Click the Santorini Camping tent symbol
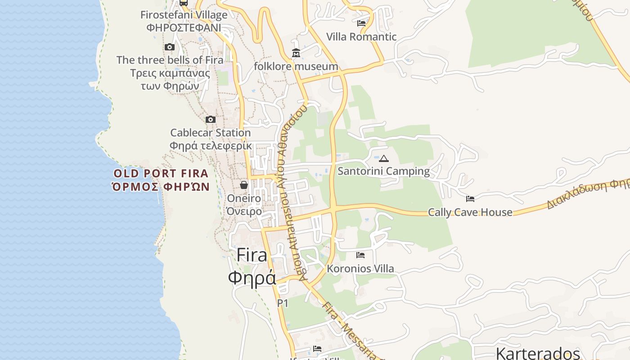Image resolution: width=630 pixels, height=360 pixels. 383,158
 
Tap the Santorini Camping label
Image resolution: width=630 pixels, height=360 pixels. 383,171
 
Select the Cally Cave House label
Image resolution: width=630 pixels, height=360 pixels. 470,212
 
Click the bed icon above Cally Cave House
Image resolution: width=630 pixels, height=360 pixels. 470,198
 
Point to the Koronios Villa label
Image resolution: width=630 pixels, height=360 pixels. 360,269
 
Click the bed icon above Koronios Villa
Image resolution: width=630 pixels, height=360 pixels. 360,255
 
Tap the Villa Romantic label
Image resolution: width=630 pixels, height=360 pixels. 361,36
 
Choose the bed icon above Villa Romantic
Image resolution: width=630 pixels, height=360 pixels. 361,23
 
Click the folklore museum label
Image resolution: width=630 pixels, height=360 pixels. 296,66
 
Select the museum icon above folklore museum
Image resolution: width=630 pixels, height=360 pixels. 296,53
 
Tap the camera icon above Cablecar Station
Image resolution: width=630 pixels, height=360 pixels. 210,119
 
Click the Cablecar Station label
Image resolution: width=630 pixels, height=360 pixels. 210,133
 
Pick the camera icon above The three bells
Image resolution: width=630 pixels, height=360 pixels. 169,47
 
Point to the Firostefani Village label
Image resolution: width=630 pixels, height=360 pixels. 184,15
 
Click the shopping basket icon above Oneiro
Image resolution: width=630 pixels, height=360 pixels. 243,185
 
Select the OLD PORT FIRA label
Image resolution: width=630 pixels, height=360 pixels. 161,174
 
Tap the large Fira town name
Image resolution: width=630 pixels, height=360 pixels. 252,255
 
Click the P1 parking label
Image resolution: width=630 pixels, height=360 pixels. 282,303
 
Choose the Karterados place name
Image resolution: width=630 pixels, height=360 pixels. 537,353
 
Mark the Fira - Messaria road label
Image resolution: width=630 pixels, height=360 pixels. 349,331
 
